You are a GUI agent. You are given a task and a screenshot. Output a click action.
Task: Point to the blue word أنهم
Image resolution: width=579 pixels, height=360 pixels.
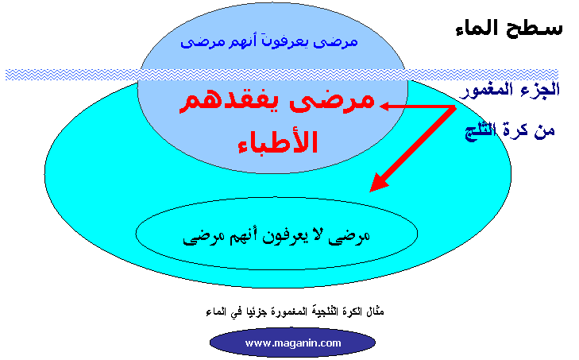tap(241, 41)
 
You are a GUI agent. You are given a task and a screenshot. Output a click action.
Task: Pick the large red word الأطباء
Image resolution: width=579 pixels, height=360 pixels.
tap(278, 141)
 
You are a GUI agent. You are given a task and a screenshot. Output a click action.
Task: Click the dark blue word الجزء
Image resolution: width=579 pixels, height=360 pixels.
tap(545, 90)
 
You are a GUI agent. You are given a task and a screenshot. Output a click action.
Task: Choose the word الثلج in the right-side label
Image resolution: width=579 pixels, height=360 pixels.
tap(480, 131)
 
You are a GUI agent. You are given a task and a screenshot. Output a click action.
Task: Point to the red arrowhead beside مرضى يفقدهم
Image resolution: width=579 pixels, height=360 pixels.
tap(385, 106)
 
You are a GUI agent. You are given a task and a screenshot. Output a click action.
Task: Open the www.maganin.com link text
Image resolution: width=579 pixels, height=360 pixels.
tap(293, 343)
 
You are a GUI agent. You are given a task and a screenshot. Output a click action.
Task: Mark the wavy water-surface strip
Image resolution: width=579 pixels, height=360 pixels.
tap(282, 74)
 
